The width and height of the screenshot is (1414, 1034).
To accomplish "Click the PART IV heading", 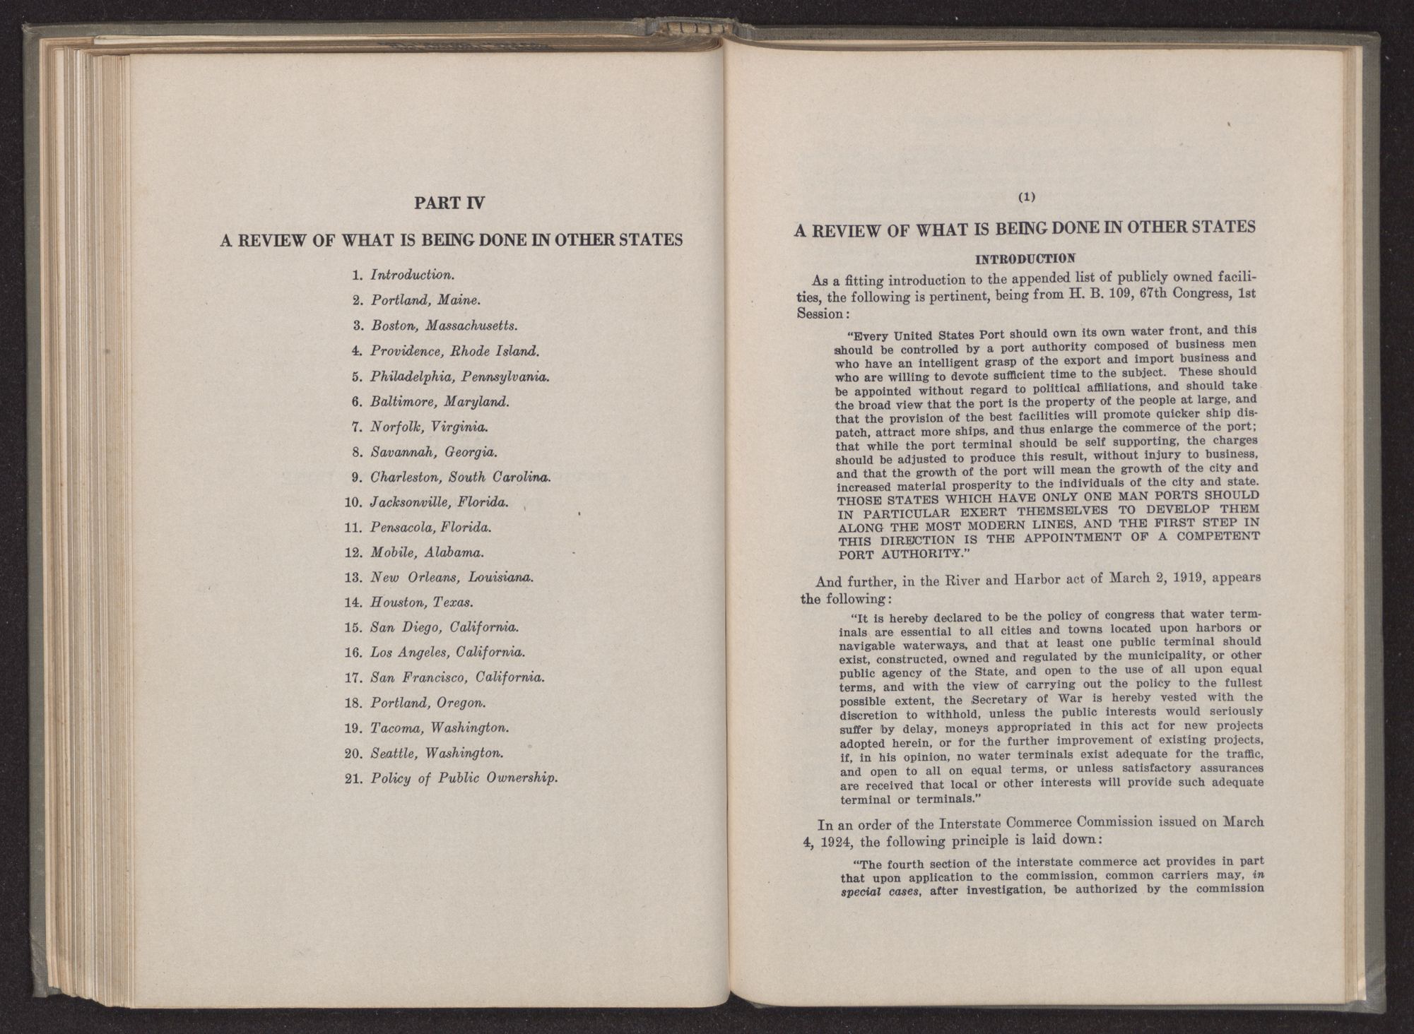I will point(449,203).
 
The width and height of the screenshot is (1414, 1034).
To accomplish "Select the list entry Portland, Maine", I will point(425,300).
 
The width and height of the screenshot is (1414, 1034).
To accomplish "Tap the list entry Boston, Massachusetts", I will point(444,326).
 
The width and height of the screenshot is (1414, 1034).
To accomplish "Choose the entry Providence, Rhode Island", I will point(455,351).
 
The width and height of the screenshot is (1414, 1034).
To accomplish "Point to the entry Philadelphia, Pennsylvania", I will point(460,376).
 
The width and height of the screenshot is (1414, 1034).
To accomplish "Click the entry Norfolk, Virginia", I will point(429,427).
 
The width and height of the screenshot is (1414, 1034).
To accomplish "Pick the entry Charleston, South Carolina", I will point(460,477).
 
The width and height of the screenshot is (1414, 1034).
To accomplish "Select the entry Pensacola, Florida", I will point(431,528).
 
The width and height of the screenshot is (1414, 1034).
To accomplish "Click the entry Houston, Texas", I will point(422,602).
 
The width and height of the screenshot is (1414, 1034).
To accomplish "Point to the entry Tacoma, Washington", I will point(440,728).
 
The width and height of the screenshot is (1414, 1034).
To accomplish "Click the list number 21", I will point(353,779).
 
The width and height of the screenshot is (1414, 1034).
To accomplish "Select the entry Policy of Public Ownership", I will point(464,779).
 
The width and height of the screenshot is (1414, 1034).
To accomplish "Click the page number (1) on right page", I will point(1027,198).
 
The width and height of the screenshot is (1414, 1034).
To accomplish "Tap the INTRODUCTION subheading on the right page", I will point(1025,258).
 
